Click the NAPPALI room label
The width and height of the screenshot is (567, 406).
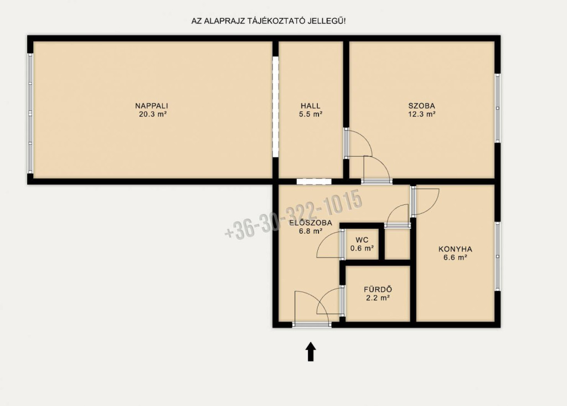[x=152, y=106]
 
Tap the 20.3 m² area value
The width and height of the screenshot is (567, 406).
[x=153, y=115]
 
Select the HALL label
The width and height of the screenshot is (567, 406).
[x=311, y=106]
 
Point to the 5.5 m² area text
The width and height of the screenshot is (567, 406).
[x=311, y=115]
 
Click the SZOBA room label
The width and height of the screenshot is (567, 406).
[x=421, y=106]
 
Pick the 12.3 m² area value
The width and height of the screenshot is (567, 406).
[x=421, y=115]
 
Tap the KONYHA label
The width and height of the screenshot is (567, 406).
[x=455, y=249]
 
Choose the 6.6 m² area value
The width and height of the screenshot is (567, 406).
[x=455, y=258]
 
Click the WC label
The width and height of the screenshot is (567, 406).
[x=362, y=240]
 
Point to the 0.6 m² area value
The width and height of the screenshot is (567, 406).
[x=362, y=249]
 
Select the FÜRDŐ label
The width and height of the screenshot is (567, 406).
[x=378, y=290]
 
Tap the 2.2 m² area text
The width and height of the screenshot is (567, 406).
[x=378, y=298]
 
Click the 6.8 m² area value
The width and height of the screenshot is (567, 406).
[x=311, y=231]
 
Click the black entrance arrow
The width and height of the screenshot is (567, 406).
[x=311, y=352]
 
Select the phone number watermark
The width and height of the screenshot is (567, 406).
[x=293, y=214]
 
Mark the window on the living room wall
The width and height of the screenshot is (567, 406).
[x=30, y=114]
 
